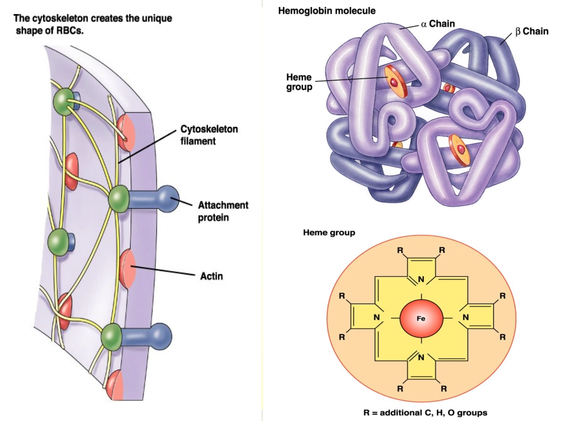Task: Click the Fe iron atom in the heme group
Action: pyautogui.click(x=421, y=318)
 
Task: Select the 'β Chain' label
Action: pyautogui.click(x=531, y=31)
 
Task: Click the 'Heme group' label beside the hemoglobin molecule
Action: pyautogui.click(x=299, y=82)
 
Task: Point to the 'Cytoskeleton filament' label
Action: pyautogui.click(x=209, y=135)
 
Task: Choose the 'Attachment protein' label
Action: pyautogui.click(x=223, y=211)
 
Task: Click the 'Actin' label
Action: pyautogui.click(x=211, y=276)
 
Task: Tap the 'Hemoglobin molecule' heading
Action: pyautogui.click(x=327, y=11)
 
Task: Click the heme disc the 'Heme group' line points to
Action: pyautogui.click(x=396, y=81)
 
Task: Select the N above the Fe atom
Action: pyautogui.click(x=421, y=279)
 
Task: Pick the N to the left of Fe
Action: pyautogui.click(x=376, y=317)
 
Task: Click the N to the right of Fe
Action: pyautogui.click(x=465, y=317)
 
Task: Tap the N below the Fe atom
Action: pyautogui.click(x=421, y=357)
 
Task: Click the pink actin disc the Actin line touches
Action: pyautogui.click(x=128, y=269)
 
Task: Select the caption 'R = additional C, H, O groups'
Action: pyautogui.click(x=425, y=413)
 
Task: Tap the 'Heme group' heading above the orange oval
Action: pyautogui.click(x=329, y=233)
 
